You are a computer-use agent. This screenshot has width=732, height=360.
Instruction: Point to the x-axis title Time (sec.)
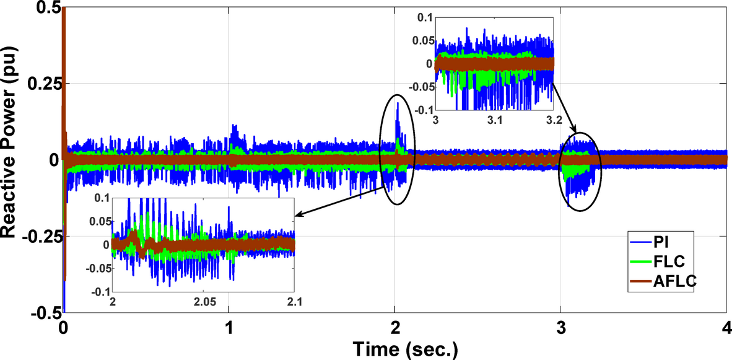click(x=406, y=349)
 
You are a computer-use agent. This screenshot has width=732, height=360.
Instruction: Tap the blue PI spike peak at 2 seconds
click(x=398, y=103)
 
